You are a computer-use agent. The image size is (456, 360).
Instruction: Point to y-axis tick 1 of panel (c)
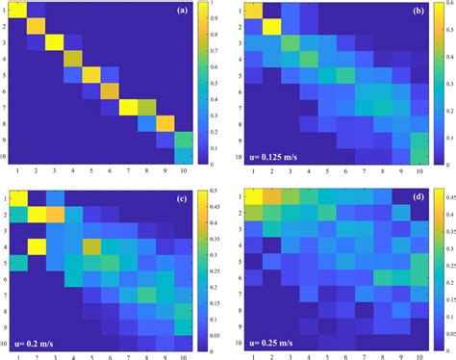click(x=5, y=196)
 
